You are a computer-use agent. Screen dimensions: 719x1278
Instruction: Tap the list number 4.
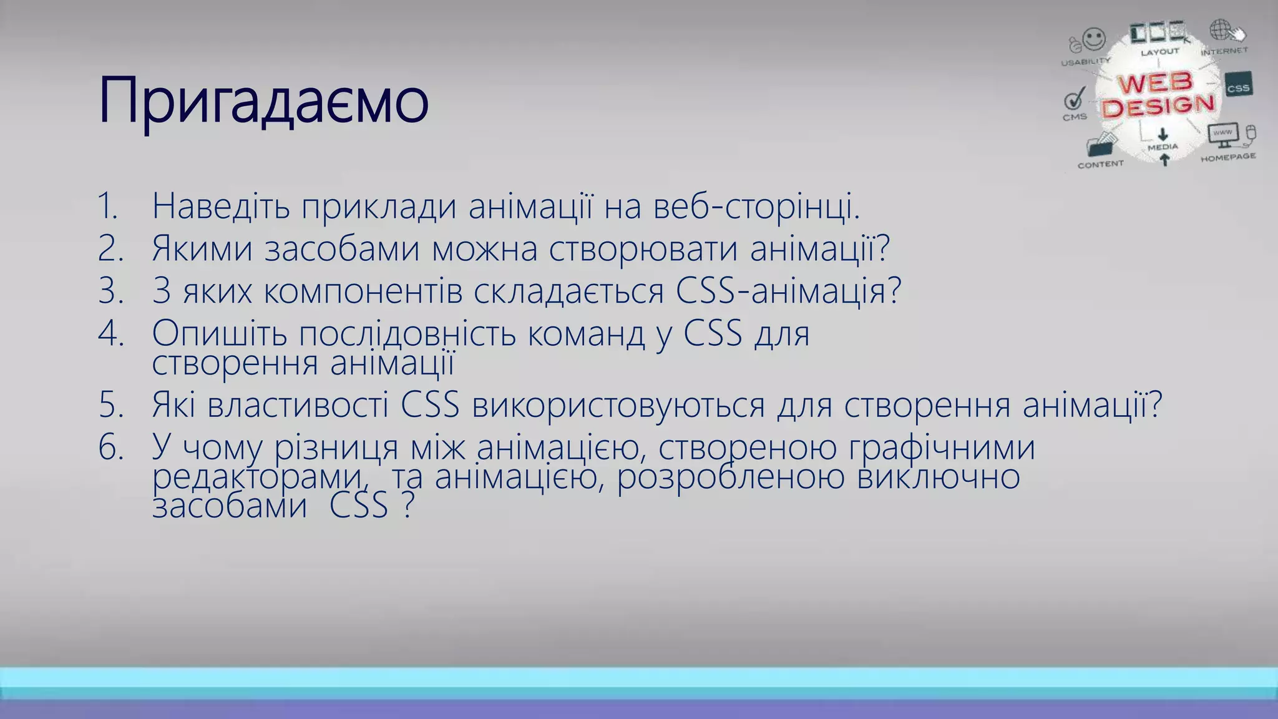point(111,333)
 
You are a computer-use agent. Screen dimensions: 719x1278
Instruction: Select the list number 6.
point(111,448)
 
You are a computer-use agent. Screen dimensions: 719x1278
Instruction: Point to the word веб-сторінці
point(756,206)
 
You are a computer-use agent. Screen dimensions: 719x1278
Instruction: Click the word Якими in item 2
point(202,248)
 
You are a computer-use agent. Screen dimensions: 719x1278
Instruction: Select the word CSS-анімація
point(789,291)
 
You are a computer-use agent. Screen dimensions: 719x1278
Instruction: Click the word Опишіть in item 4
point(219,333)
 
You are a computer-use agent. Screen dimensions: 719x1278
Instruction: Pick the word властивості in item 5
point(298,404)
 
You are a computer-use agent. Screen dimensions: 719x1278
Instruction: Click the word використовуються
point(618,404)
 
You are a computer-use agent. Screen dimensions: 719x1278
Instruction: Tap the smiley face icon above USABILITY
point(1093,39)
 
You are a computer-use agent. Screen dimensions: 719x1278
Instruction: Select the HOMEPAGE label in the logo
point(1228,157)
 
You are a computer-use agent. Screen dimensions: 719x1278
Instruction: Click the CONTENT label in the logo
point(1100,164)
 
